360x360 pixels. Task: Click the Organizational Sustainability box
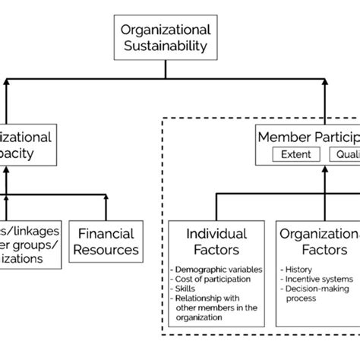pos(166,38)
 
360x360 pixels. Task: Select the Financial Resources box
pos(106,241)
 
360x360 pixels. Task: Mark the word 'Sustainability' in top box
pos(166,47)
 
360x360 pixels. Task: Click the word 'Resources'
pos(106,249)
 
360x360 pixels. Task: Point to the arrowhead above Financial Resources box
pos(106,197)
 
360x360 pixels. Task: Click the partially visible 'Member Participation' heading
pos(308,137)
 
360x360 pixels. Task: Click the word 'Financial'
pos(106,233)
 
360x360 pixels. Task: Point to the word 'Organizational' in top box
pos(166,30)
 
